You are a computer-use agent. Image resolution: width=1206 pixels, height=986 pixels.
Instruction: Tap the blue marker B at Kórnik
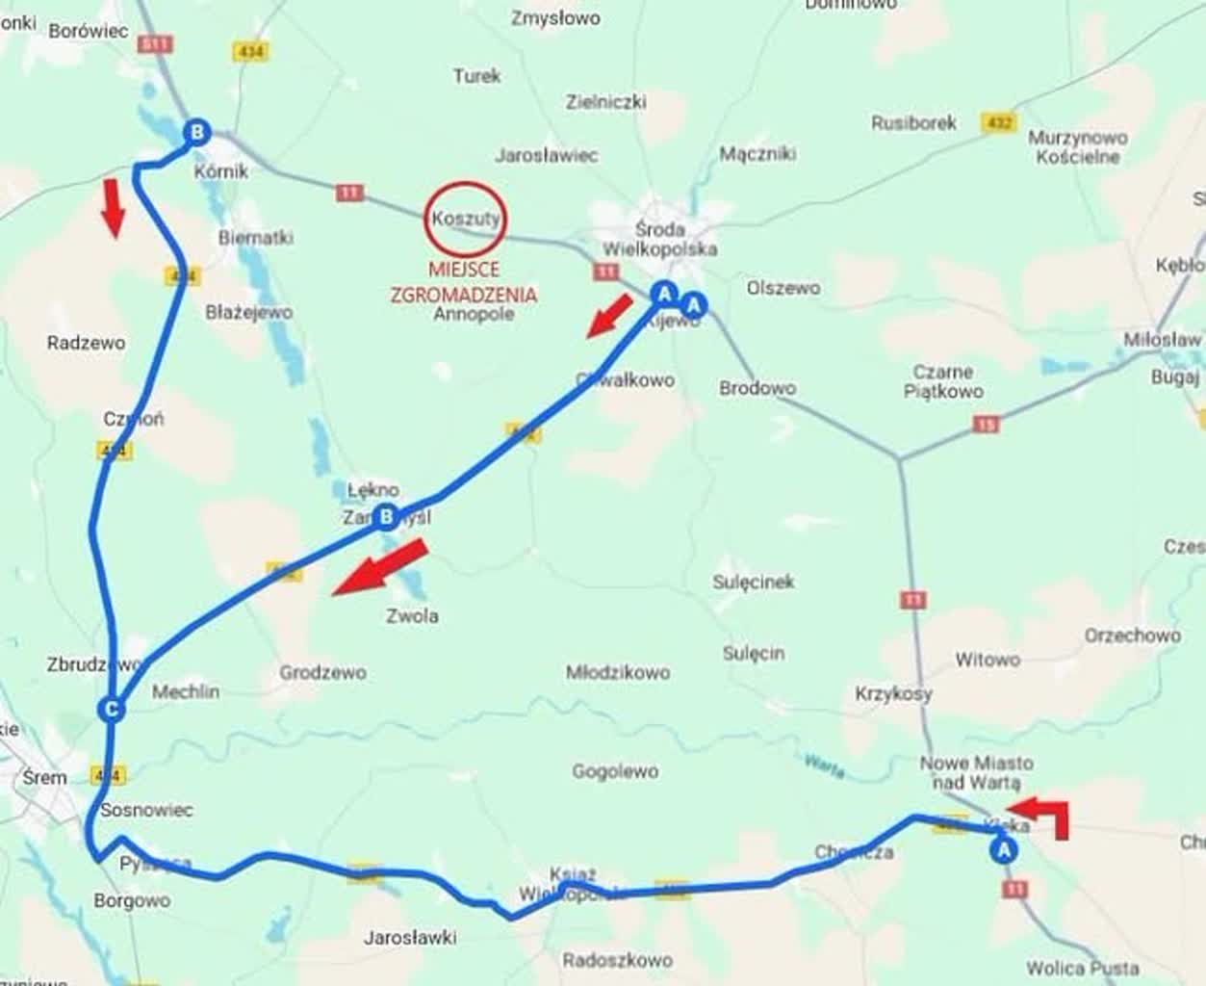click(x=196, y=132)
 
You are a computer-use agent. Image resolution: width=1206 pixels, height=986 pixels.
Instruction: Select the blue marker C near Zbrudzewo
click(x=112, y=711)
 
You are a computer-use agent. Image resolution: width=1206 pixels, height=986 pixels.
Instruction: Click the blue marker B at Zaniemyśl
click(x=386, y=518)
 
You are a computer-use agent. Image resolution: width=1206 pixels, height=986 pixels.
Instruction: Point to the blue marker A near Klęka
click(x=1003, y=850)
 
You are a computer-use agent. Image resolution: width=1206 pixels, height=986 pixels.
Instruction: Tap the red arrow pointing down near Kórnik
click(x=114, y=207)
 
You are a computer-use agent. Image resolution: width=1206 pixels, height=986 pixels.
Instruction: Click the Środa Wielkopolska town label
click(x=660, y=239)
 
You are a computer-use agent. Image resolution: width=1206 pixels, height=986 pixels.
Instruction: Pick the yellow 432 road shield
click(x=999, y=123)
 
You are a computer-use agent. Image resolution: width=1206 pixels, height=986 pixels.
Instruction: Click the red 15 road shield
click(x=985, y=423)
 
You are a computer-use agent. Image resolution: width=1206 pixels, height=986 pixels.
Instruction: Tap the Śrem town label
click(x=44, y=777)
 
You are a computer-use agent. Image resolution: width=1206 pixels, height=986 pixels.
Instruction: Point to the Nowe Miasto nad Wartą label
click(x=976, y=772)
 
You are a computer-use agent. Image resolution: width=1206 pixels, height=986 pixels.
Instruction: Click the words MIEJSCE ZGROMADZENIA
click(x=464, y=283)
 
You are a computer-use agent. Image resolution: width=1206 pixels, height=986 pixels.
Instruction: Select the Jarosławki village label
click(x=411, y=937)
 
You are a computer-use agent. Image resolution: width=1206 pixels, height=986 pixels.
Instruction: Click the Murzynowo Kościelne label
click(x=1077, y=147)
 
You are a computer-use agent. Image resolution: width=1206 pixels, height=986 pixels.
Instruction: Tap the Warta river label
click(x=825, y=765)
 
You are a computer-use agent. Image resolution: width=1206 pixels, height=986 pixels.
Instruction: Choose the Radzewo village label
click(x=86, y=342)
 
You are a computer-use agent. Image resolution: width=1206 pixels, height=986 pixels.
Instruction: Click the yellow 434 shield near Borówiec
click(x=249, y=51)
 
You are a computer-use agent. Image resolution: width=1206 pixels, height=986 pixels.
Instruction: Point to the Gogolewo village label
click(x=615, y=771)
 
